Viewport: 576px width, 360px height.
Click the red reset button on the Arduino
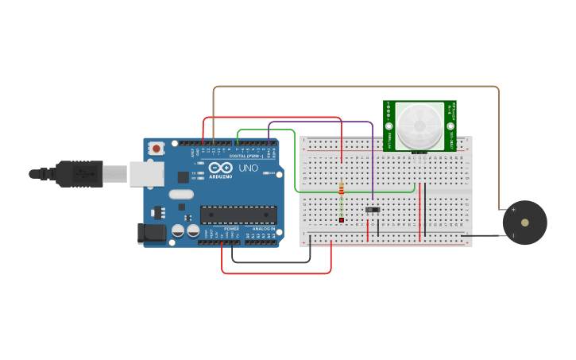click(157, 148)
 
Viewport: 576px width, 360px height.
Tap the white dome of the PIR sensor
click(419, 125)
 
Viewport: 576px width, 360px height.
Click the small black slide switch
click(372, 210)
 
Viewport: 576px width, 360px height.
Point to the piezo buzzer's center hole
click(524, 223)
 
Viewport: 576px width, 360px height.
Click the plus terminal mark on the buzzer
click(512, 210)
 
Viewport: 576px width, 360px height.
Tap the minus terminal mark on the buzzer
click(512, 235)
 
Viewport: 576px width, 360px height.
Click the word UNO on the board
click(249, 168)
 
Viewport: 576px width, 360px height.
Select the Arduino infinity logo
click(220, 168)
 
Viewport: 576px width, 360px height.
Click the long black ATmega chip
click(238, 214)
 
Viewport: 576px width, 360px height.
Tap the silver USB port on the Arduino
click(146, 174)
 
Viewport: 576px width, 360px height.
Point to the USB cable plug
click(79, 173)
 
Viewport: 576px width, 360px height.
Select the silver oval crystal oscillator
click(181, 195)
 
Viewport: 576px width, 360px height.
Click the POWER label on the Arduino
click(231, 229)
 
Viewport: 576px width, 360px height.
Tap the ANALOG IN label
click(264, 229)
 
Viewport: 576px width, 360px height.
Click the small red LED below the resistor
click(342, 220)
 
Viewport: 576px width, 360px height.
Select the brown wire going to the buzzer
click(358, 87)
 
